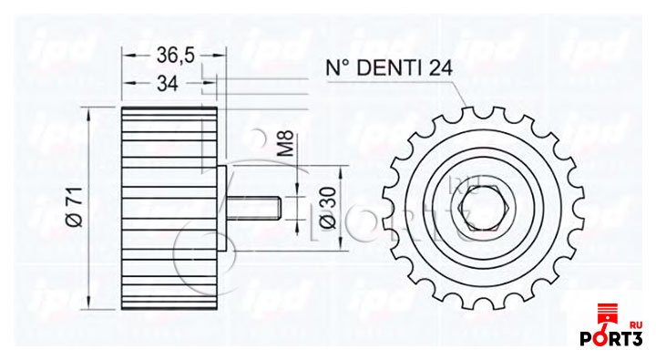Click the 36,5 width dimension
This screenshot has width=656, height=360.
176,55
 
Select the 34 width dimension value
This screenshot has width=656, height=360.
168,83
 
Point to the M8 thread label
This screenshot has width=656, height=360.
287,144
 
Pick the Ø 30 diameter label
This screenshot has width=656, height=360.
328,208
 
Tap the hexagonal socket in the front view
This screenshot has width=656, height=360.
483,208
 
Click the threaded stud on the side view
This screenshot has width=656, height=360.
254,208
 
